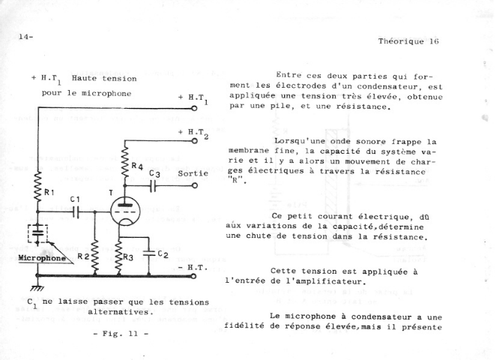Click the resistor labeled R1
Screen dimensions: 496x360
[x=37, y=187]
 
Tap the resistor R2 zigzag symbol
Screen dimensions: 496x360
[x=94, y=256]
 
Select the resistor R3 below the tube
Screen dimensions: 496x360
[x=119, y=257]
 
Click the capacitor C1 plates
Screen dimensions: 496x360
[x=76, y=211]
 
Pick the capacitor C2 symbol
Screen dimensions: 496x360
[x=149, y=253]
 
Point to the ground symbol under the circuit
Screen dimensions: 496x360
[x=37, y=288]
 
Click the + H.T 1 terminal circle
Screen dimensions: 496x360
[x=195, y=108]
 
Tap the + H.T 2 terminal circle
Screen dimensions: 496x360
[x=195, y=141]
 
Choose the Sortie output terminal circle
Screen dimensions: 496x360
[x=195, y=185]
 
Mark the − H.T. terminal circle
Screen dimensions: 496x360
[x=193, y=276]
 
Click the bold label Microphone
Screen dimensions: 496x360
[x=42, y=258]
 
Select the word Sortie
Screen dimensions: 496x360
[x=193, y=173]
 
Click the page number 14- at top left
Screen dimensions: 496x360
[x=25, y=37]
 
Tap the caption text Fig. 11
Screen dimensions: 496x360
[x=121, y=334]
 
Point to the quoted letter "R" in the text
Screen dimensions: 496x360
[x=235, y=181]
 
